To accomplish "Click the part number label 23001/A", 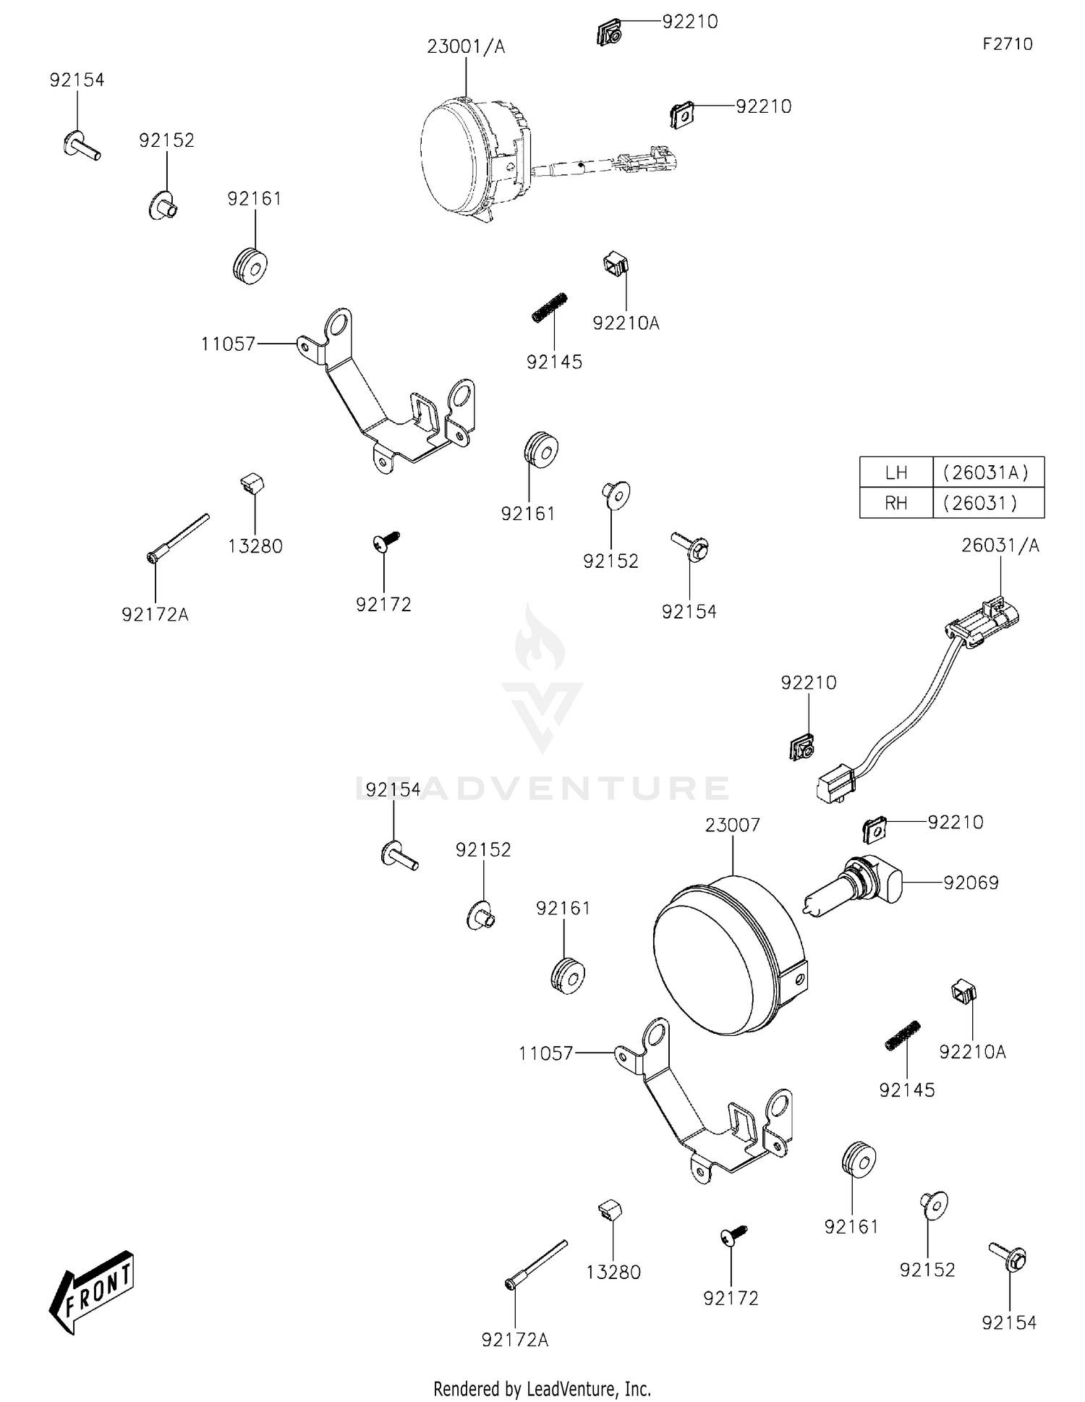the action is click(x=466, y=47).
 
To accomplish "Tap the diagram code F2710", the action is click(x=1008, y=44).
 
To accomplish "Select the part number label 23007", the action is click(x=733, y=825).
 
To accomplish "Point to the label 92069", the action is click(x=971, y=883).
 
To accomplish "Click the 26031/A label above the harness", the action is click(x=1000, y=545).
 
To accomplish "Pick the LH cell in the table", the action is click(x=896, y=472).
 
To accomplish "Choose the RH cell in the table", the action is click(x=896, y=503).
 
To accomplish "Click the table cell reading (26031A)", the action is click(x=989, y=472).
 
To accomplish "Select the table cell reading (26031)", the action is click(x=989, y=503).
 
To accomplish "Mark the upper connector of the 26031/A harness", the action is click(x=984, y=619).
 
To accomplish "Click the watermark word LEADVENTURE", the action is click(x=542, y=788).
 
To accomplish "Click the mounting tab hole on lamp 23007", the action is click(x=799, y=980).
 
